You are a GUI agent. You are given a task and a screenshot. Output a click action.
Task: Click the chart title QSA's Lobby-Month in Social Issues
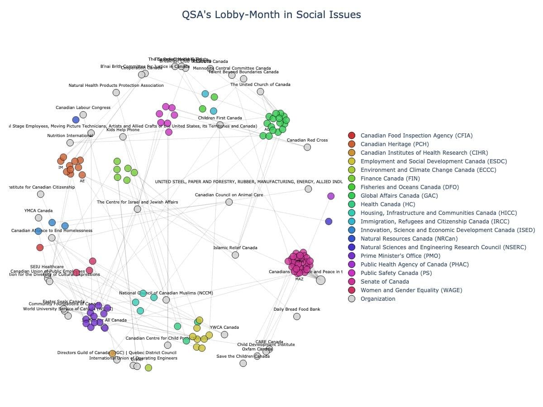[271, 15]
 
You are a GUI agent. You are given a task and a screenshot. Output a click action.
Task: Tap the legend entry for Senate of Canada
[385, 282]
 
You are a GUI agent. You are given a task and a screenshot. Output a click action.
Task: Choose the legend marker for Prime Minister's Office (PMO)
[352, 256]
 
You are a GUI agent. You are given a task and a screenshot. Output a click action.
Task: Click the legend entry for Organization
[377, 299]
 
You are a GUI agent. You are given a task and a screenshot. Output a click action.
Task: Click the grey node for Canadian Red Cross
[307, 147]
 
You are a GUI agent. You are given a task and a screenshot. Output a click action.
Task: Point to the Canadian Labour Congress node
[83, 115]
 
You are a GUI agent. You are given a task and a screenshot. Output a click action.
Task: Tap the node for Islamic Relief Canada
[235, 255]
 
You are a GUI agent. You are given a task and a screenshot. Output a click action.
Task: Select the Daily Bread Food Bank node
[297, 317]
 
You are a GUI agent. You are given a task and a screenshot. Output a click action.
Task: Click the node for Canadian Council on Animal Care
[229, 202]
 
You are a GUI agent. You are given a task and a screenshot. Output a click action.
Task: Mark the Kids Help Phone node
[123, 137]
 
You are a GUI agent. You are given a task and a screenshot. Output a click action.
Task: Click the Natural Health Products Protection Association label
[116, 85]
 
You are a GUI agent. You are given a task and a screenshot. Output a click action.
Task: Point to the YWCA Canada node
[224, 335]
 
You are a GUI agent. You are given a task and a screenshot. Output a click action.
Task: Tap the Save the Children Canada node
[243, 363]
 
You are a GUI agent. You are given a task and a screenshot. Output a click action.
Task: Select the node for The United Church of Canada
[260, 91]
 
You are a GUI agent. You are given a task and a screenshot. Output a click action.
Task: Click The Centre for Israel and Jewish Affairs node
[138, 209]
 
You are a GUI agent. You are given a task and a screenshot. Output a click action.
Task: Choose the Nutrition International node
[70, 143]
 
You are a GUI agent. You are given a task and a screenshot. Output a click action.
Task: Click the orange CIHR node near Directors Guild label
[112, 353]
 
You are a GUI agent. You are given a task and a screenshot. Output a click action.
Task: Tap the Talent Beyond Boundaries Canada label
[243, 72]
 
